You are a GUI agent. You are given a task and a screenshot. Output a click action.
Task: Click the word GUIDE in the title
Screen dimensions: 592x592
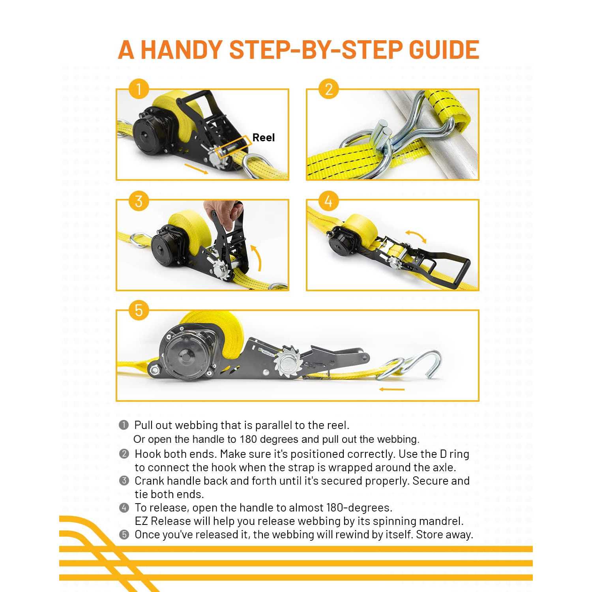point(444,50)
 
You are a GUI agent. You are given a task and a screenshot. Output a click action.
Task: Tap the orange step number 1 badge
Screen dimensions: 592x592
point(139,90)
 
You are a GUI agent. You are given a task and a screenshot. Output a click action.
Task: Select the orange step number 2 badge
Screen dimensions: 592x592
point(329,90)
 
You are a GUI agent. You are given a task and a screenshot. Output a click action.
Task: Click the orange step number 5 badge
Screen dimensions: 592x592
point(139,310)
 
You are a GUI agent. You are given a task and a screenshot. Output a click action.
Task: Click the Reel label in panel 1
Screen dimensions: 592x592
point(263,137)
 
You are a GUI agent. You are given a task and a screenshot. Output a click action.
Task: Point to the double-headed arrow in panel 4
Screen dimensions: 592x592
point(416,236)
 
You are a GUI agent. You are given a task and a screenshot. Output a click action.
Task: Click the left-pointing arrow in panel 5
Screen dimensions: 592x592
point(392,390)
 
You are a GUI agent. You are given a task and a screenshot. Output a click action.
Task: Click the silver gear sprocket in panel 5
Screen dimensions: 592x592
point(287,362)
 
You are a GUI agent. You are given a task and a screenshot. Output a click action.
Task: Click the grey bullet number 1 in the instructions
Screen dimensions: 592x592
point(124,425)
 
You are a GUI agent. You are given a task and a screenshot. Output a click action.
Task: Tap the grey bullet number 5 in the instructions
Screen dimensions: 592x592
point(124,535)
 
